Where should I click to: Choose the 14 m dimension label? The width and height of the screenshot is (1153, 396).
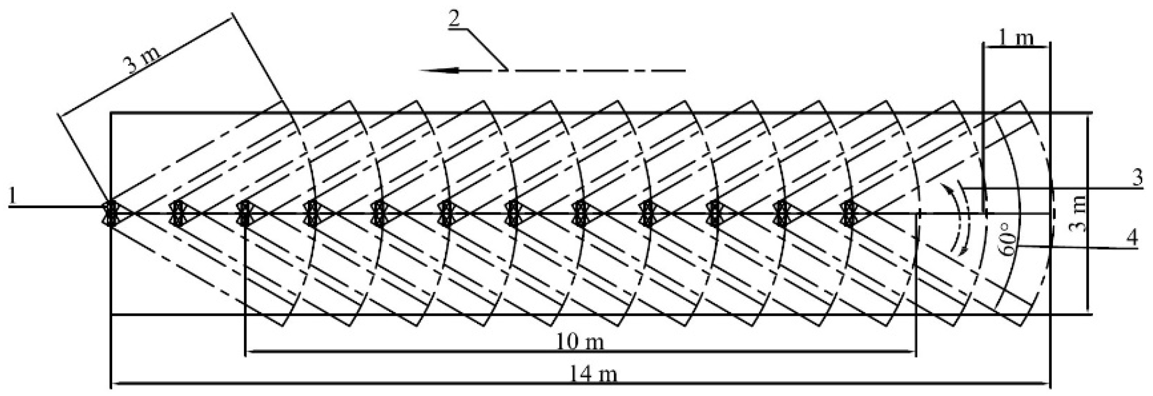pos(593,374)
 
